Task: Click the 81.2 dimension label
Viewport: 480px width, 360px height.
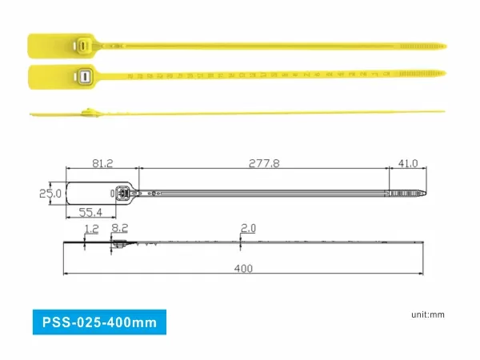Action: (x=102, y=164)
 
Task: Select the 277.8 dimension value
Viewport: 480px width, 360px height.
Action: (x=263, y=164)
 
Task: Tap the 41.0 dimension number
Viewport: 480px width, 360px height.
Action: (x=408, y=164)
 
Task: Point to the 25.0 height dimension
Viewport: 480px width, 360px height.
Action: (x=50, y=194)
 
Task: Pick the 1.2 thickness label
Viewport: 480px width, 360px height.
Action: (x=90, y=229)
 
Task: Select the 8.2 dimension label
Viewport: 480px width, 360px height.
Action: (x=120, y=229)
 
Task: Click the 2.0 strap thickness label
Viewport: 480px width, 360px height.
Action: (x=248, y=229)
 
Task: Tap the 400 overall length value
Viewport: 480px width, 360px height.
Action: (x=243, y=268)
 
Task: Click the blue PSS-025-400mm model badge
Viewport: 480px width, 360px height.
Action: (x=99, y=322)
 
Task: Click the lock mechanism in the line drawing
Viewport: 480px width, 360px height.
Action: (x=122, y=194)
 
